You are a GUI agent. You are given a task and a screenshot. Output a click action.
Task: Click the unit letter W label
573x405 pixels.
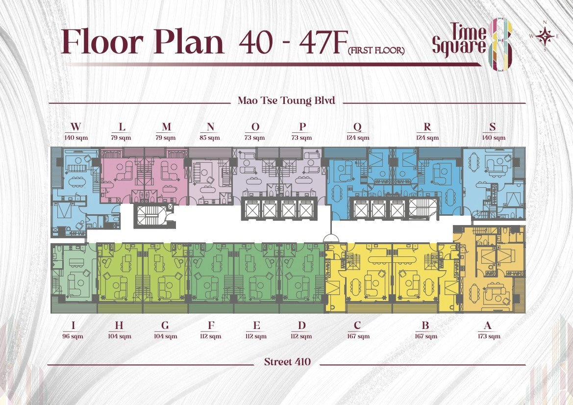click(x=75, y=127)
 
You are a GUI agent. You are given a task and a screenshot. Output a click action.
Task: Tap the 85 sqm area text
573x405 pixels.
click(x=210, y=138)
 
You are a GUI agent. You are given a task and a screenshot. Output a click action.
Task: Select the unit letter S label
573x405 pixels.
click(x=493, y=127)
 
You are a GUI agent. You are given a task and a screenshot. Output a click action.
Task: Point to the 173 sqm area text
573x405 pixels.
click(x=489, y=336)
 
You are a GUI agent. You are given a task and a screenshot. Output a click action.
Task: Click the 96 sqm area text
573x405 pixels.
click(x=73, y=336)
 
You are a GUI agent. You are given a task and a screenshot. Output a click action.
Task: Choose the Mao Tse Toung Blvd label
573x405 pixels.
click(x=286, y=101)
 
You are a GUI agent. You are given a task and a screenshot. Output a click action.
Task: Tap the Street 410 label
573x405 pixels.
click(x=287, y=362)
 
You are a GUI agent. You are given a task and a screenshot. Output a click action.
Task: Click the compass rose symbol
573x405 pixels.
click(x=545, y=36)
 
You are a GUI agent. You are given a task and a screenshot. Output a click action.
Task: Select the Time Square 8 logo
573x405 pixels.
click(x=472, y=44)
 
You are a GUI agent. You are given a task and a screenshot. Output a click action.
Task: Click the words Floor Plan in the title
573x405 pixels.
click(x=142, y=41)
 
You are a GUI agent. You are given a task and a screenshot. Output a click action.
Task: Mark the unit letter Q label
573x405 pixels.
click(x=357, y=127)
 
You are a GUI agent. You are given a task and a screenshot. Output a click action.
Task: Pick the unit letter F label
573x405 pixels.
click(x=211, y=325)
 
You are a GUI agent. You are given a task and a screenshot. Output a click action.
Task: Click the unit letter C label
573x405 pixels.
click(x=357, y=325)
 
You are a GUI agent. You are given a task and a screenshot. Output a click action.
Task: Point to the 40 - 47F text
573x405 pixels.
click(x=292, y=42)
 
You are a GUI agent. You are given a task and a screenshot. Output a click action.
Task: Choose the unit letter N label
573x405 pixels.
click(x=210, y=127)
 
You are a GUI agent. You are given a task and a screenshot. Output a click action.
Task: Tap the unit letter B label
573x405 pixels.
click(x=425, y=325)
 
